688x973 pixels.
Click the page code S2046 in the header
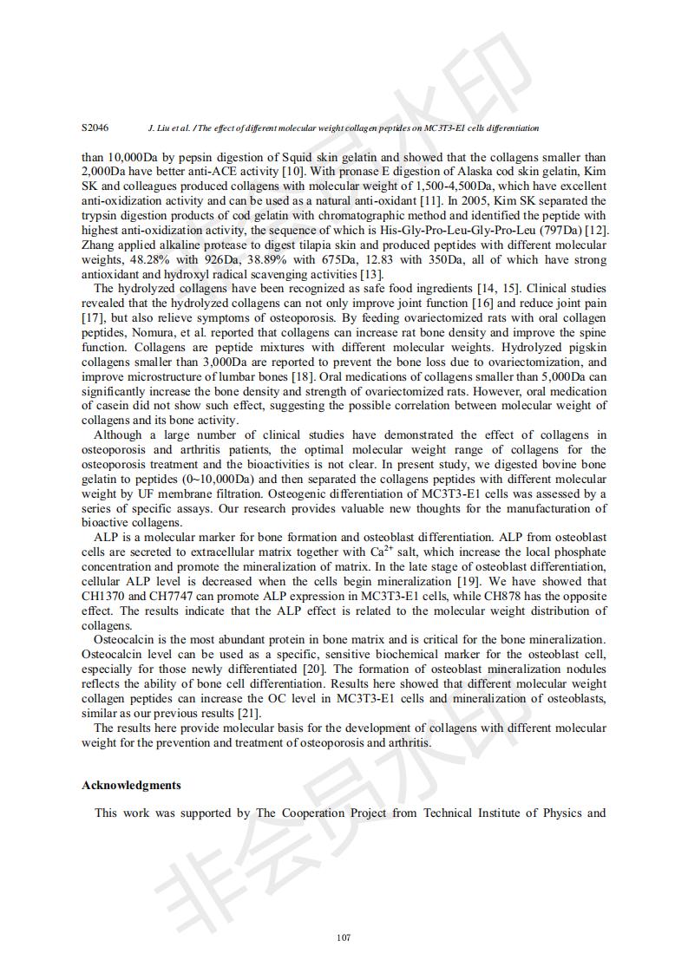95,127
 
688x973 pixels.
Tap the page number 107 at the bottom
344,937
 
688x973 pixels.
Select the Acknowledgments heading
131,786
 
